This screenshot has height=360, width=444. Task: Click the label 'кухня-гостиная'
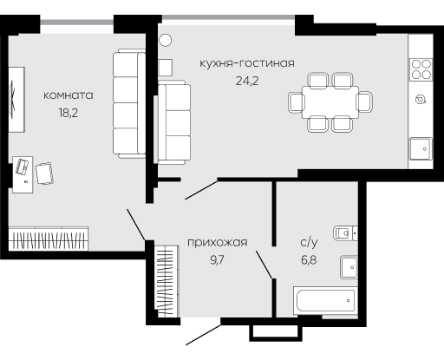(247, 63)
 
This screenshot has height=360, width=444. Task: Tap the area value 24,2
(247, 81)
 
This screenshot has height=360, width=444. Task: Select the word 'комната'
(69, 95)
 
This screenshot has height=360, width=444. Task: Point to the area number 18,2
(69, 113)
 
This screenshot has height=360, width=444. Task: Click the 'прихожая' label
(218, 242)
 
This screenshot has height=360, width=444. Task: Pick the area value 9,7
(218, 260)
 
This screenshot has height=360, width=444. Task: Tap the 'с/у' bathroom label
(309, 242)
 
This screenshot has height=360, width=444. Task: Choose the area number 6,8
(309, 260)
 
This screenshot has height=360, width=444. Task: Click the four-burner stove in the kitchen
(421, 69)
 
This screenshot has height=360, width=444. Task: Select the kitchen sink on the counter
(421, 148)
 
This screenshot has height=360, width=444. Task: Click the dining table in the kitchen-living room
(330, 102)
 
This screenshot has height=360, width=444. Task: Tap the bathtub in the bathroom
(325, 301)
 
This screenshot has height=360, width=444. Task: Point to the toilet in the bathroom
(345, 233)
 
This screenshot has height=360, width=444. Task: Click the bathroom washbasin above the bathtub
(349, 267)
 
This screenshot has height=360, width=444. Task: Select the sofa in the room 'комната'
(129, 103)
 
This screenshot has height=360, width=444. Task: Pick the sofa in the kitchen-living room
(174, 123)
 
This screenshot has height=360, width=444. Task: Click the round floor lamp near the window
(166, 40)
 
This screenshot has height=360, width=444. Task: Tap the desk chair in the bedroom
(44, 173)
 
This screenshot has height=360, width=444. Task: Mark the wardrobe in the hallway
(166, 281)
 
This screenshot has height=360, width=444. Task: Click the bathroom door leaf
(264, 265)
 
